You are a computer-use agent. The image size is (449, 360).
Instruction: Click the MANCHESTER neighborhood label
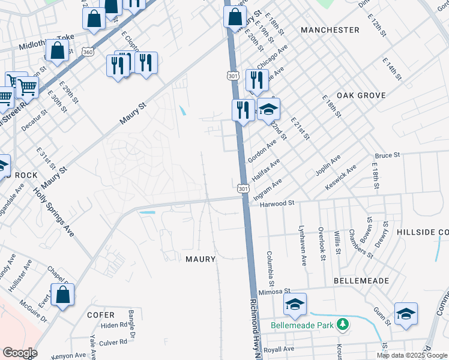click(x=330, y=30)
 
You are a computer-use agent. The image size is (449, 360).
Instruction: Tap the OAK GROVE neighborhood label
click(x=360, y=95)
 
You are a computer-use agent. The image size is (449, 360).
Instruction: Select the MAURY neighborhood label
click(x=200, y=259)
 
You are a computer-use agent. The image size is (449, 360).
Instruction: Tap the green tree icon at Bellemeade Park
click(x=343, y=325)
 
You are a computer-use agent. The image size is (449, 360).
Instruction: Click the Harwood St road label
click(x=277, y=204)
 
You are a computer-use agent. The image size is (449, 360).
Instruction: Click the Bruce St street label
click(x=387, y=155)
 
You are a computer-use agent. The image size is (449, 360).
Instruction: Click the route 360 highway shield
click(x=88, y=52)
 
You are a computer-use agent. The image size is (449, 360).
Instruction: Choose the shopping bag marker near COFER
click(x=63, y=295)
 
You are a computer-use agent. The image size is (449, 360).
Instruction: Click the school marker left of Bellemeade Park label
click(x=295, y=305)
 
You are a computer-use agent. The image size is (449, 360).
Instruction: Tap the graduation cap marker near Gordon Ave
click(x=269, y=110)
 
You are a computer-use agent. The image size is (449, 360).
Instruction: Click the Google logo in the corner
click(x=20, y=353)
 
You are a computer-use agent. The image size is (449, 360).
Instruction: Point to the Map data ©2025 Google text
click(x=412, y=355)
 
